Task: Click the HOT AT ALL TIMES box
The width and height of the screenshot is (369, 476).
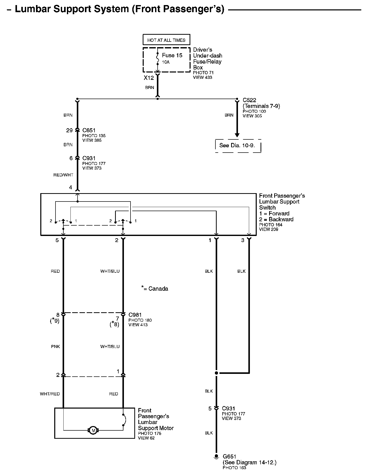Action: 166,40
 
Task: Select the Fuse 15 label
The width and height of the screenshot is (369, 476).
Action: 172,55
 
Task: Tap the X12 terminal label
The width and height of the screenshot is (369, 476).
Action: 149,78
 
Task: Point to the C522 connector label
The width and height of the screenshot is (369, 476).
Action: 249,100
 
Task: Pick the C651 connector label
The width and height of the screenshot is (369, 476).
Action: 89,130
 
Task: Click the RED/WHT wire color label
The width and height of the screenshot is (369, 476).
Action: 63,175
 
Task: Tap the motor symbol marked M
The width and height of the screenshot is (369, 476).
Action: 93,430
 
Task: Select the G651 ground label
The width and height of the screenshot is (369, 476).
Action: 229,456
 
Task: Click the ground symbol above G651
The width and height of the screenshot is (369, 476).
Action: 216,456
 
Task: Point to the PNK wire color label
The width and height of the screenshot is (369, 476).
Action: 56,346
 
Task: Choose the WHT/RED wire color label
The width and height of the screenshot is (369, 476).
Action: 50,394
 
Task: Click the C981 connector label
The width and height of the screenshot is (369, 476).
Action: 135,315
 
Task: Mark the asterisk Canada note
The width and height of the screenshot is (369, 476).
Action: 155,288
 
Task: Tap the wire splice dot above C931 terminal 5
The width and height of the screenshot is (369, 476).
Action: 216,373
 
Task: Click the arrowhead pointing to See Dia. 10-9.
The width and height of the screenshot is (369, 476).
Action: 237,135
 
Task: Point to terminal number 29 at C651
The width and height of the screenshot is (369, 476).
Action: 69,130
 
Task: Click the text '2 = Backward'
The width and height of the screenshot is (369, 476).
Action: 276,219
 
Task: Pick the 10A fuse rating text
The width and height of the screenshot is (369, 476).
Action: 166,62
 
